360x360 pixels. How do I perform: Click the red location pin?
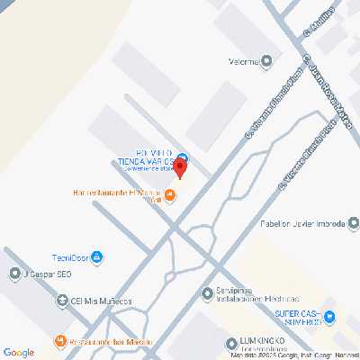coord(179,166)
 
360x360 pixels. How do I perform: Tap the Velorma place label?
coord(240,61)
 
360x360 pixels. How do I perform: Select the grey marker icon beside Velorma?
coord(266,61)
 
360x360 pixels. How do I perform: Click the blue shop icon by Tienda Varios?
coord(182,157)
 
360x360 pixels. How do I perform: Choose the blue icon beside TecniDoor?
coord(97,257)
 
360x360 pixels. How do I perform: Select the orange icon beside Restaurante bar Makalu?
coord(59,340)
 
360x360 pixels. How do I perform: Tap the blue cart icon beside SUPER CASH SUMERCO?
coord(329,316)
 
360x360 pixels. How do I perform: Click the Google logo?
coord(18,352)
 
